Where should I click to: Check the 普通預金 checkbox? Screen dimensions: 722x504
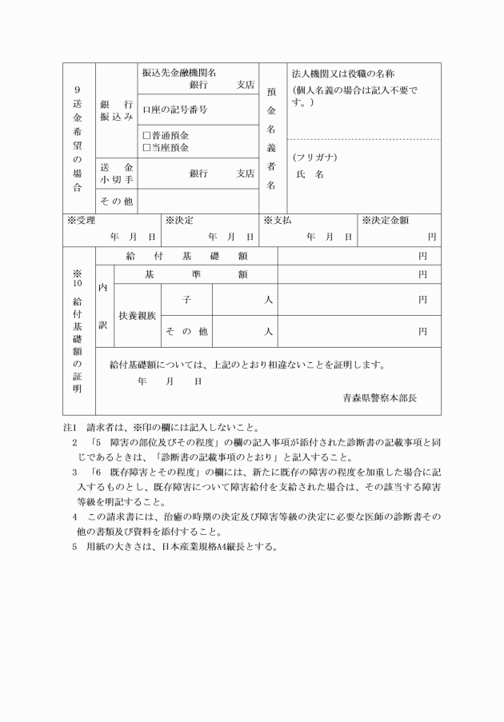tap(146, 137)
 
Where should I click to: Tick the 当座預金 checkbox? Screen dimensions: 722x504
tap(146, 148)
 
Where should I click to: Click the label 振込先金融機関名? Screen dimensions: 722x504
tap(179, 72)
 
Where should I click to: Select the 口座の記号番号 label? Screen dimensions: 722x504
tap(174, 109)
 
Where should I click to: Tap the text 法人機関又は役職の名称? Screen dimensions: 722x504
tap(343, 73)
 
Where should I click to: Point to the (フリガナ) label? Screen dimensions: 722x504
tap(314, 157)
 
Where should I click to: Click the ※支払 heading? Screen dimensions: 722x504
tap(277, 220)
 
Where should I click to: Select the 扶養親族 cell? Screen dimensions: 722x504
tap(138, 315)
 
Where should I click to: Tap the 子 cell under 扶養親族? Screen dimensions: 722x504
tap(186, 299)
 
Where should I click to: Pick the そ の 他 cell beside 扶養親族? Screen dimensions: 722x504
tap(186, 331)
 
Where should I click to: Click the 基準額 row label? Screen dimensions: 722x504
tap(195, 274)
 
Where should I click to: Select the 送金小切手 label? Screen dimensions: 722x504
tap(116, 174)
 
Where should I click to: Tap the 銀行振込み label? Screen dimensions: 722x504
tap(116, 111)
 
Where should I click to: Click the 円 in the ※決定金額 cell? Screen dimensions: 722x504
tap(432, 237)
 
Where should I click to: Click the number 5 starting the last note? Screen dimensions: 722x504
tap(74, 548)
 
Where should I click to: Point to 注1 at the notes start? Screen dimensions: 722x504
tap(70, 426)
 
